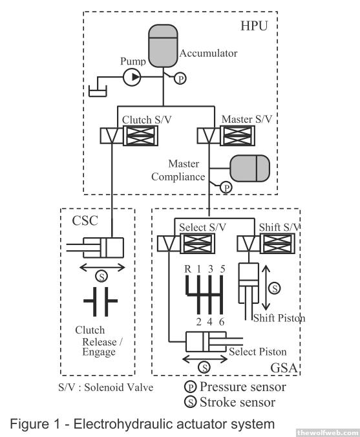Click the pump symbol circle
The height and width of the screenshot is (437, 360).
tap(132, 77)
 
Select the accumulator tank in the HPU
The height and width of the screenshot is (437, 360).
tap(163, 46)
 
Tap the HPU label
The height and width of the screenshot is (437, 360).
tap(254, 26)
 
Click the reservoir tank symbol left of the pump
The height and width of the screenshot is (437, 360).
tap(98, 91)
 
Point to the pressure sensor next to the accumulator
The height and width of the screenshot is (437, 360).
tap(180, 79)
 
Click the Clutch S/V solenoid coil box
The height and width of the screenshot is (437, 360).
tap(140, 136)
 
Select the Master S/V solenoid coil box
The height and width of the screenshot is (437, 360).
tap(237, 136)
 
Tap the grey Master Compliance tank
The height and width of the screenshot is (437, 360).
tap(250, 168)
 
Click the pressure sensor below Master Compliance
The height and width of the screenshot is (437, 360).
tap(226, 187)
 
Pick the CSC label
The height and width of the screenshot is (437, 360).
tap(85, 220)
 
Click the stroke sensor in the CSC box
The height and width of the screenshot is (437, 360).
tap(101, 277)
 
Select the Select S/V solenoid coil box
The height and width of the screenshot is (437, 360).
tap(198, 243)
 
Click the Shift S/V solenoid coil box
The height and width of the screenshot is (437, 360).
tap(277, 243)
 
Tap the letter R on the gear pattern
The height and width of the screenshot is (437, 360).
tap(188, 269)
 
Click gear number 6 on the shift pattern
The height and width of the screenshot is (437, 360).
tap(222, 322)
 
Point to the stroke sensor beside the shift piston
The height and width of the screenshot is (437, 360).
tap(275, 288)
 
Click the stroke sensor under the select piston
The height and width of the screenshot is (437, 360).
tap(204, 367)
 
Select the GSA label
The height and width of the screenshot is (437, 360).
tap(284, 368)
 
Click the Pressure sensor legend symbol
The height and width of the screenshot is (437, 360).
tap(191, 387)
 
